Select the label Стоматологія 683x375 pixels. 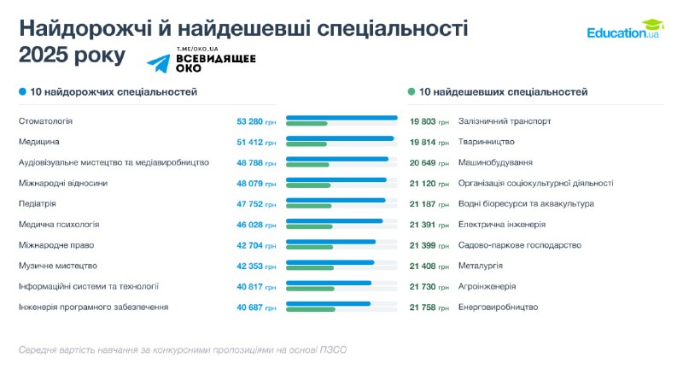pos(45,121)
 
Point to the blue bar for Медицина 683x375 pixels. pos(340,138)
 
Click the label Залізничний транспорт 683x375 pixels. pos(505,121)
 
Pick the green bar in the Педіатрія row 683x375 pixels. pos(308,206)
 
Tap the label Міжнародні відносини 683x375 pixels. pos(63,183)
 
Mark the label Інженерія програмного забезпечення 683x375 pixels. pos(93,307)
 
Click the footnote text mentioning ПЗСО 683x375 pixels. pos(183,350)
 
